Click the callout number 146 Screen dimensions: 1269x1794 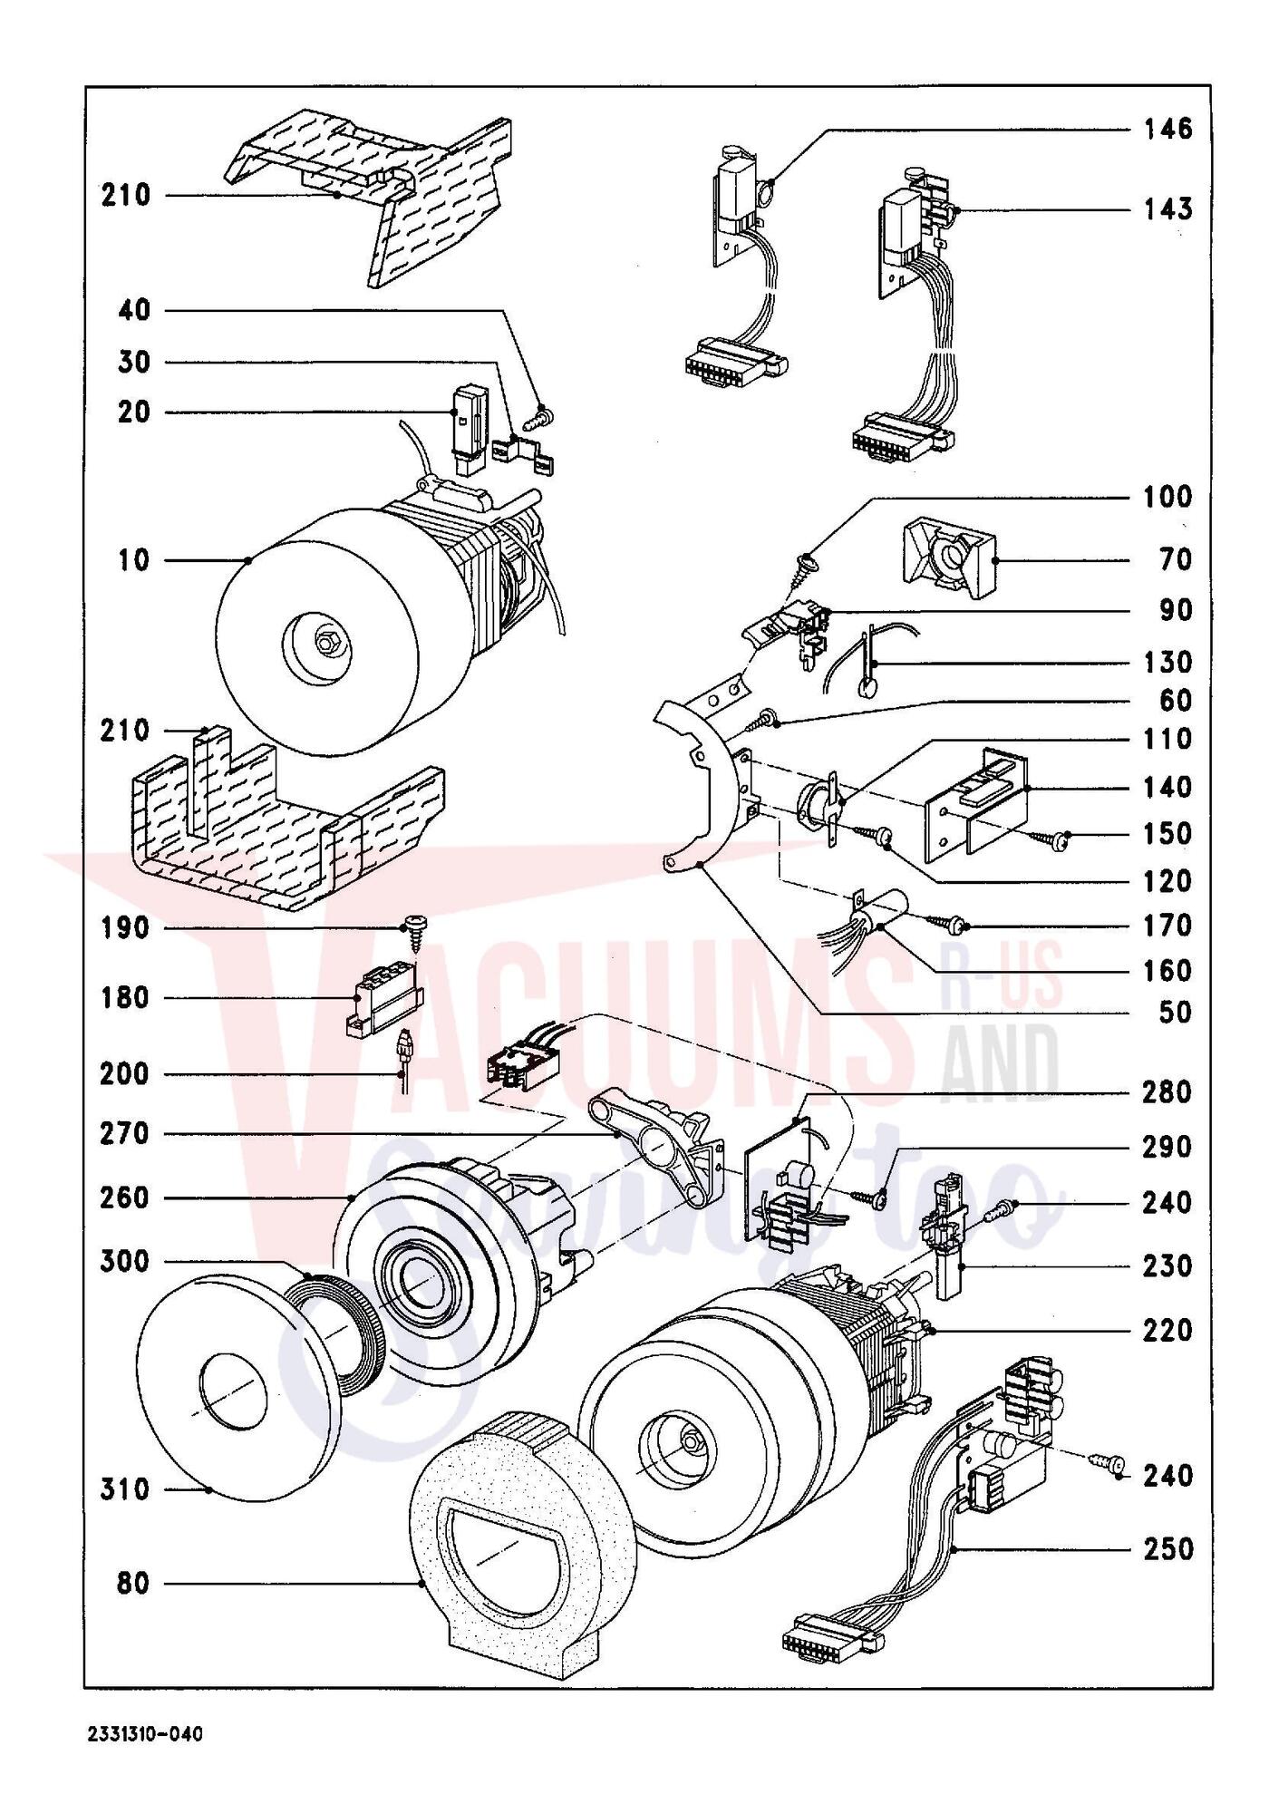[1167, 129]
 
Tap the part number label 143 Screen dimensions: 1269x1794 [1167, 209]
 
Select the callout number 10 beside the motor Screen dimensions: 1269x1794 [133, 560]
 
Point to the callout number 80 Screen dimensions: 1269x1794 [133, 1584]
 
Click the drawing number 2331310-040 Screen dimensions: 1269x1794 [146, 1734]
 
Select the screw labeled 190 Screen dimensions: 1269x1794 [416, 933]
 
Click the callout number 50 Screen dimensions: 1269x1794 [1176, 1012]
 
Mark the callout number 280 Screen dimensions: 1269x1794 [1167, 1091]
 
